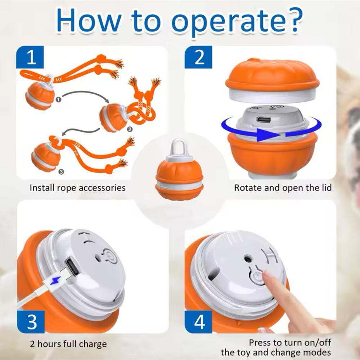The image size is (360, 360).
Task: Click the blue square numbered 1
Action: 30,57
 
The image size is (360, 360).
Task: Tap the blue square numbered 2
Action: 198,57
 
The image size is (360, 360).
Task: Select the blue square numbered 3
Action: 31,321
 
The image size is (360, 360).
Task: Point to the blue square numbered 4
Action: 198,321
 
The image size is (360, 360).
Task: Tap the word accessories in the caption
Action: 102,188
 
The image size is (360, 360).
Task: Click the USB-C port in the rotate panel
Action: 264,120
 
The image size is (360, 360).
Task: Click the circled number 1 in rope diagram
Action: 58,100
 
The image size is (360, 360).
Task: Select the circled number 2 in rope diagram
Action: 130,130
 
